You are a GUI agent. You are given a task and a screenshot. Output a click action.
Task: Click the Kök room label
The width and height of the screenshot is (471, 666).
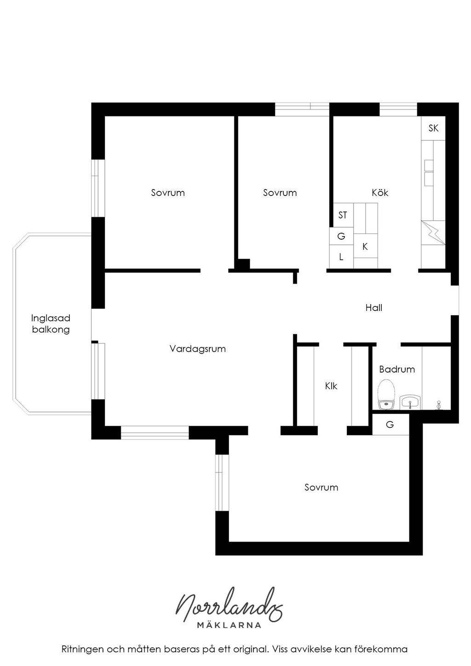(380, 193)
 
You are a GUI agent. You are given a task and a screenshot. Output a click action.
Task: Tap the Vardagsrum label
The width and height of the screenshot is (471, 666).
(198, 349)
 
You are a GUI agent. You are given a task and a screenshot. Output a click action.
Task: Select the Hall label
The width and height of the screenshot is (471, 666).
(374, 308)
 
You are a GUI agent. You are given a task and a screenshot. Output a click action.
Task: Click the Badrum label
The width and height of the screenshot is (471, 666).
(397, 369)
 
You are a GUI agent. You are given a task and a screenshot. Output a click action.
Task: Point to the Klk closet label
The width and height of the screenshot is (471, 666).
(331, 386)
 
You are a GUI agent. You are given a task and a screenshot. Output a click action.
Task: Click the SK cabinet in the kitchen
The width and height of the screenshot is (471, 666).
(433, 128)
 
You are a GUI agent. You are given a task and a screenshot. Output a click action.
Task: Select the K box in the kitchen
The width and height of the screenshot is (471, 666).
(365, 246)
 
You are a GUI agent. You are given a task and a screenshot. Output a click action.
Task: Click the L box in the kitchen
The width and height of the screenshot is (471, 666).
(341, 257)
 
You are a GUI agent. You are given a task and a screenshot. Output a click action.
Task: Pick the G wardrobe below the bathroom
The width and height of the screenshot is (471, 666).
(390, 424)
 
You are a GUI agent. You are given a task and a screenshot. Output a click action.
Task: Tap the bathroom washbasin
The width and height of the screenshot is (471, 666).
(410, 403)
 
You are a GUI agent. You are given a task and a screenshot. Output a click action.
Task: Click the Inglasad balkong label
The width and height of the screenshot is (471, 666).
(51, 324)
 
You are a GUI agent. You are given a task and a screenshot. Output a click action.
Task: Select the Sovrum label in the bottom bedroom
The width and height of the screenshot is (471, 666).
(321, 487)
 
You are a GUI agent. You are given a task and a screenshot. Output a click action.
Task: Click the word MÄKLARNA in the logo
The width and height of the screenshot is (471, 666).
(229, 625)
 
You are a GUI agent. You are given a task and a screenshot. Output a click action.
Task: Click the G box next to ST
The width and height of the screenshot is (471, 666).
(341, 236)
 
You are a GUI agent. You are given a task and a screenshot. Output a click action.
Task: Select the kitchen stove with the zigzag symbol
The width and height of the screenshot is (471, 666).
(433, 233)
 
